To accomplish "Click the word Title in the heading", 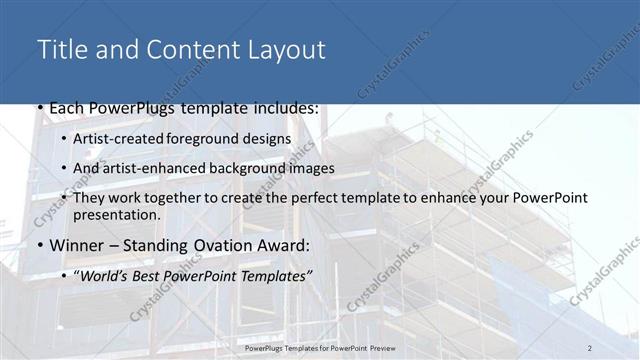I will pyautogui.click(x=59, y=50).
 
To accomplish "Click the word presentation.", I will pyautogui.click(x=117, y=215).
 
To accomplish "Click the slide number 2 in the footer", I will pyautogui.click(x=590, y=347).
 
